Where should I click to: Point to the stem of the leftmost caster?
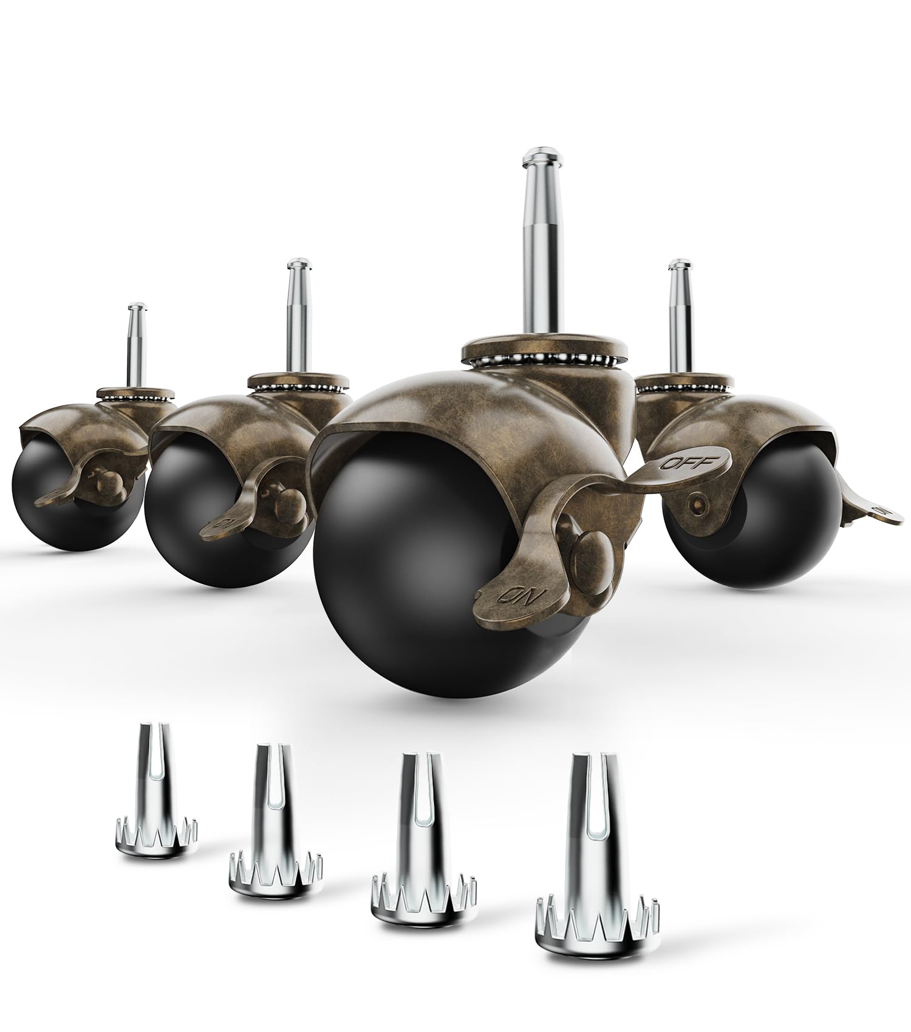(138, 346)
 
